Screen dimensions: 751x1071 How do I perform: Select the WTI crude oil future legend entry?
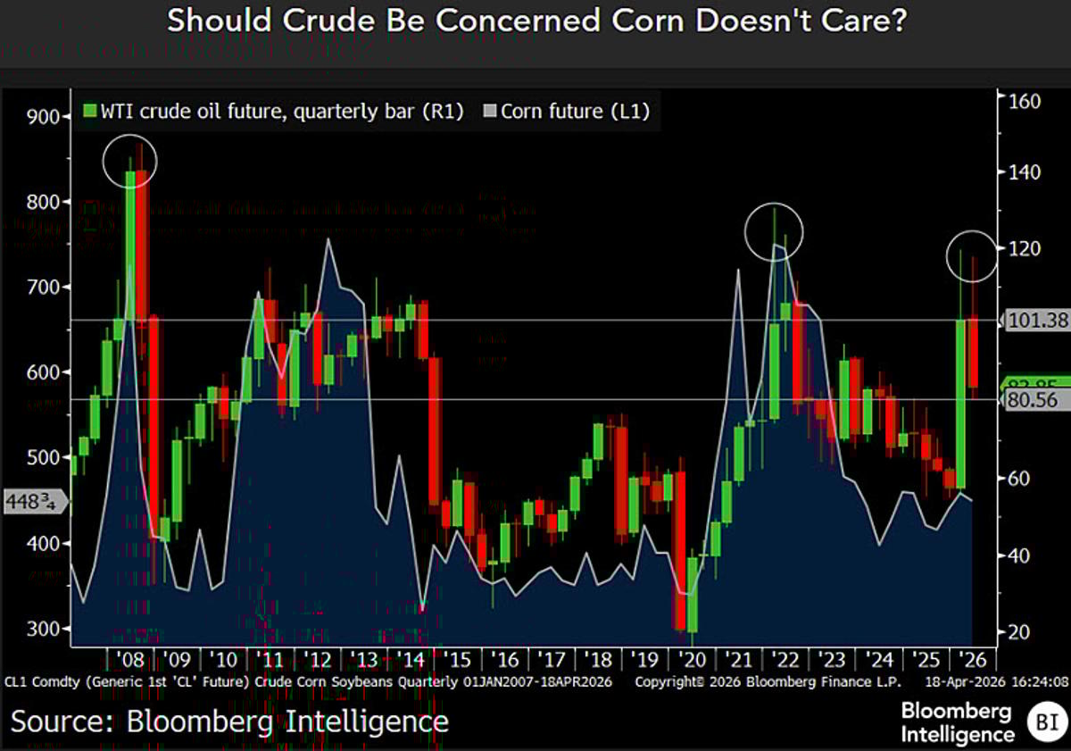click(x=273, y=112)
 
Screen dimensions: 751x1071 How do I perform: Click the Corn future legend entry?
click(x=567, y=112)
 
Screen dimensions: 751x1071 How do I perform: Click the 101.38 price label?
click(x=1037, y=320)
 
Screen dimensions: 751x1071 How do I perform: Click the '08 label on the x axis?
click(x=130, y=661)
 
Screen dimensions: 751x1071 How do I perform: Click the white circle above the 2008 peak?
click(x=130, y=162)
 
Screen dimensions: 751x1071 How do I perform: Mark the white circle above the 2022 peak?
click(x=774, y=232)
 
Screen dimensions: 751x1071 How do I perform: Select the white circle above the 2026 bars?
click(x=970, y=256)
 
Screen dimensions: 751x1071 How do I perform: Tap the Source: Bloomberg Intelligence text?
click(x=229, y=721)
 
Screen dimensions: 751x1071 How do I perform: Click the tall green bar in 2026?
click(x=960, y=404)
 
